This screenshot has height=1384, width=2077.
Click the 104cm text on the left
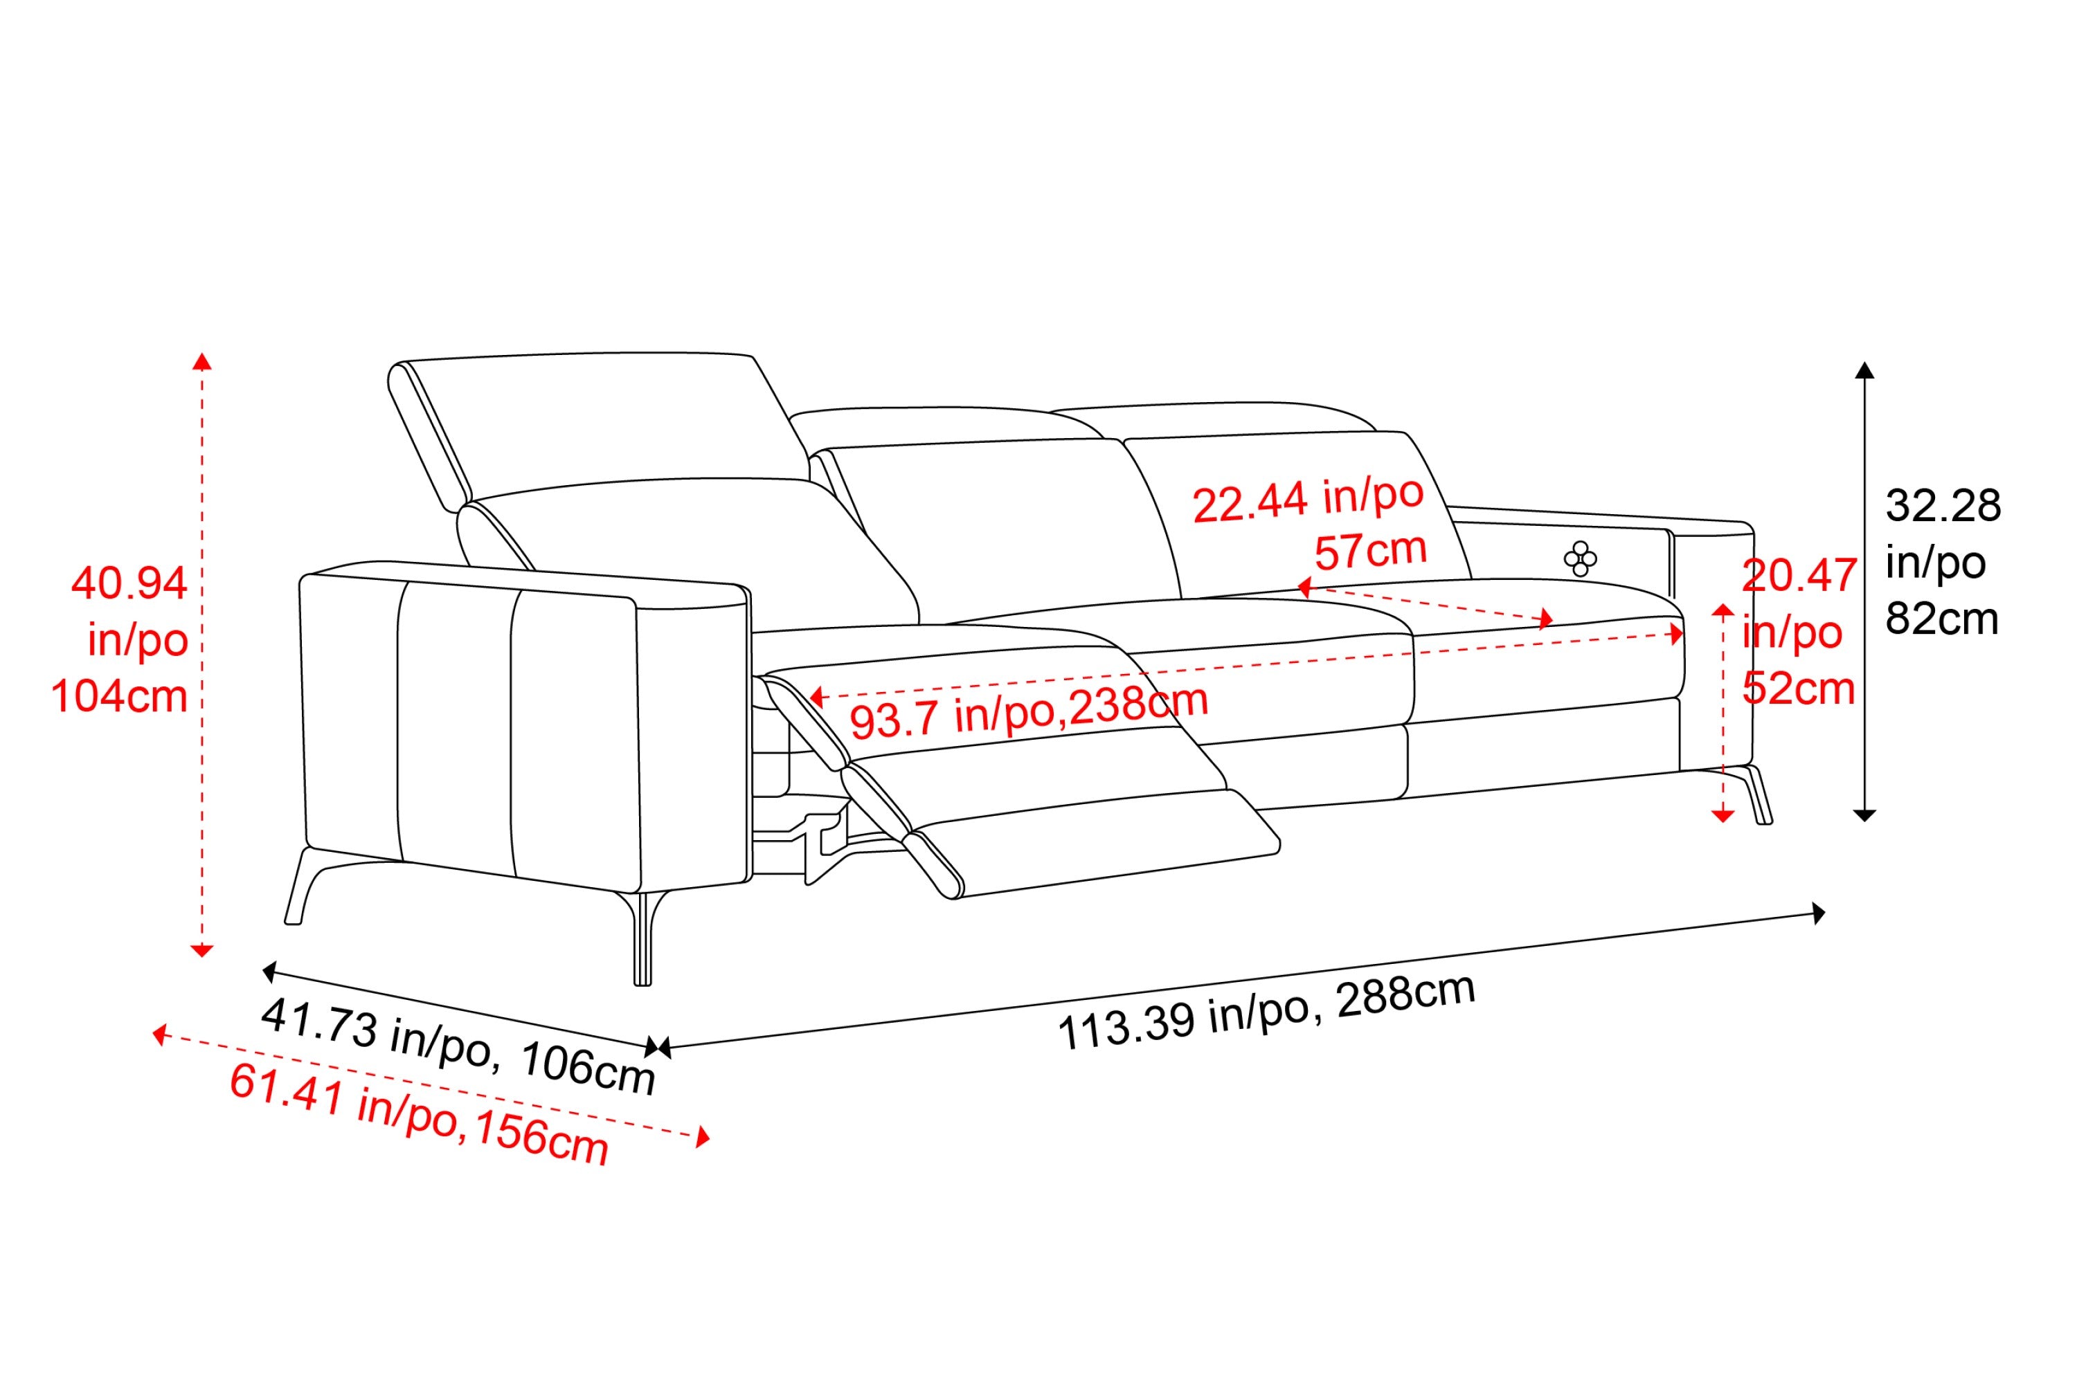coord(119,696)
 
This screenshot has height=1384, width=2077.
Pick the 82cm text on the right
coord(1942,619)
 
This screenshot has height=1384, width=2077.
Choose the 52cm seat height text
coord(1798,689)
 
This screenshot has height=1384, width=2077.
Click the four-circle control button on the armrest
coord(1580,558)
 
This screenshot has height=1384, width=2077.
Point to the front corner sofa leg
coord(643,938)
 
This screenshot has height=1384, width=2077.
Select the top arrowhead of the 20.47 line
coord(1723,609)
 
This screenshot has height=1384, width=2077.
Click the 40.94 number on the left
coord(129,583)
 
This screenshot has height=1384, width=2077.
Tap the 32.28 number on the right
coord(1943,506)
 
